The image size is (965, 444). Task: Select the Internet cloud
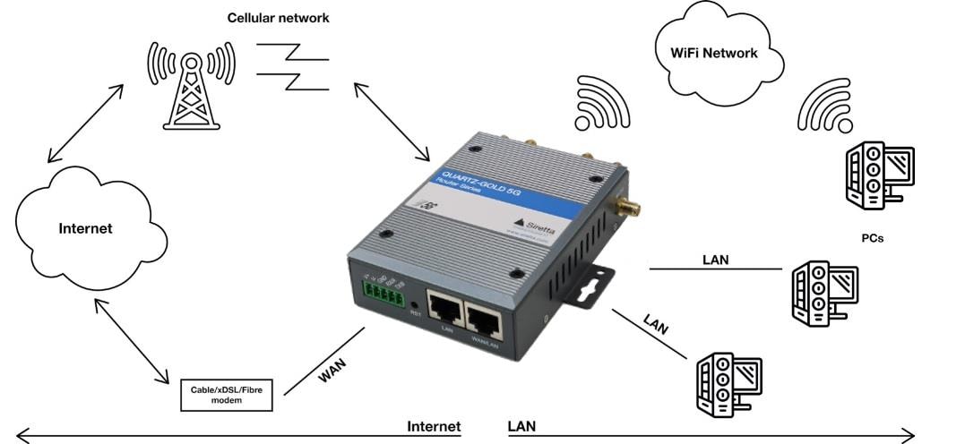click(x=87, y=228)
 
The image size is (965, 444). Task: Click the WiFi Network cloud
click(x=713, y=52)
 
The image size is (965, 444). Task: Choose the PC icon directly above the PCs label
click(x=879, y=175)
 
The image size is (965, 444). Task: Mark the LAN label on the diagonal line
click(x=657, y=325)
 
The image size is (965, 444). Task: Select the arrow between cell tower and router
click(x=391, y=122)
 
